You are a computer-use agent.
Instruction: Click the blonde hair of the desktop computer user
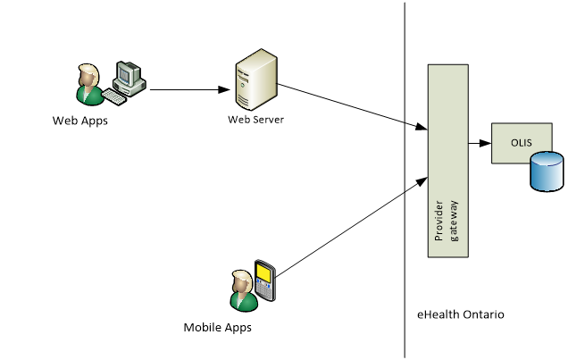(87, 72)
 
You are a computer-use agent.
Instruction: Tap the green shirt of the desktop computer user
(89, 95)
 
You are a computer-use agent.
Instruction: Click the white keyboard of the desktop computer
(113, 96)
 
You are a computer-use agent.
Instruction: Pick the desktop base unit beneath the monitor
(132, 88)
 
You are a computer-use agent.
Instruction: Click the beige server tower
(255, 80)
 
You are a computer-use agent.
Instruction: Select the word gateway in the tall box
(454, 221)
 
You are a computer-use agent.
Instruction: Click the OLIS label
(521, 142)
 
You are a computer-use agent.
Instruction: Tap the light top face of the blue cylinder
(547, 159)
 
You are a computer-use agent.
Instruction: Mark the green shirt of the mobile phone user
(243, 300)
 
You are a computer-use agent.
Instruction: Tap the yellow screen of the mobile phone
(264, 271)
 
